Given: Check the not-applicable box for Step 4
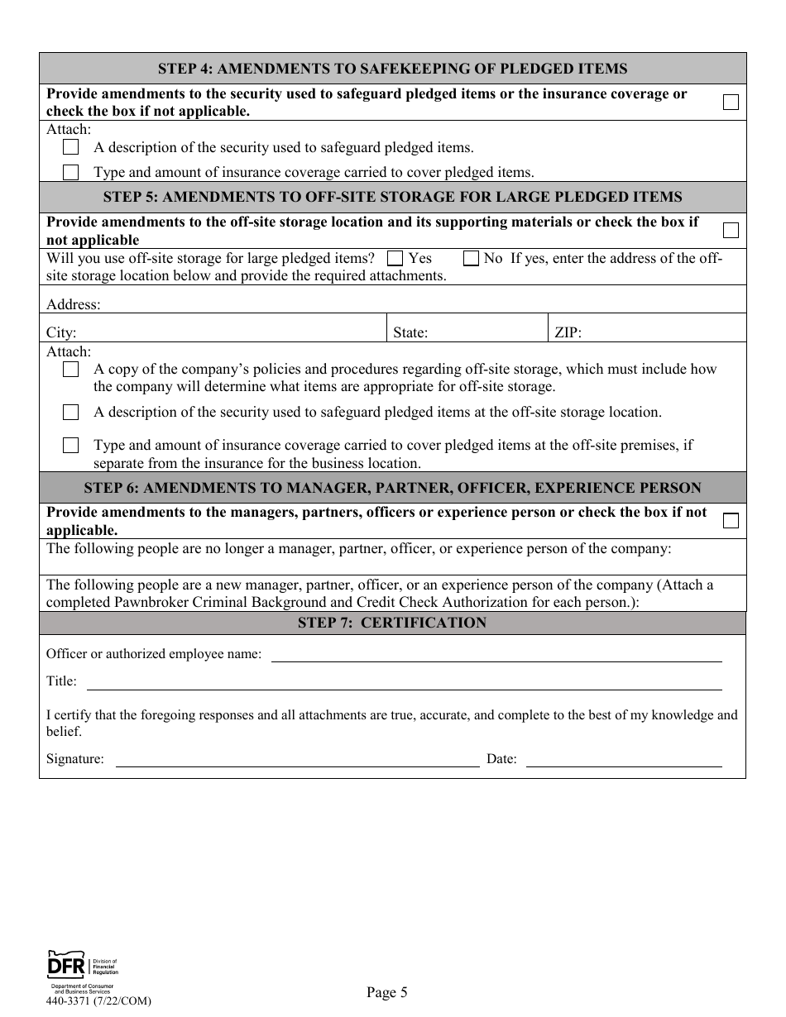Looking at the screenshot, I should pos(731,103).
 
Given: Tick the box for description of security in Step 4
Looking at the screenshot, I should pos(71,147).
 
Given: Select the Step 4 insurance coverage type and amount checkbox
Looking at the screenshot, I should pos(71,172).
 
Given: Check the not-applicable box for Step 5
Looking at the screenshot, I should pos(731,231).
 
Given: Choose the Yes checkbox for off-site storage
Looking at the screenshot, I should pos(395,258).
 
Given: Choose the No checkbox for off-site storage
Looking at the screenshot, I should pos(471,258).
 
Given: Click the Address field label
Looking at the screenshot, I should pos(73,304).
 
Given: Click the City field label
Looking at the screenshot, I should pos(61,333).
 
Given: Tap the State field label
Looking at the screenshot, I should pos(410,333).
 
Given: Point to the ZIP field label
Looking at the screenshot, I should pos(568,333).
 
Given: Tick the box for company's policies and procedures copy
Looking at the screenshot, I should pos(71,370).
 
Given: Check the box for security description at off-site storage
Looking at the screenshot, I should pos(71,412).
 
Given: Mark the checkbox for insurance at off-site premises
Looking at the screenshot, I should pos(71,446).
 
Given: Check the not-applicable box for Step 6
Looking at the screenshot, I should pos(731,521).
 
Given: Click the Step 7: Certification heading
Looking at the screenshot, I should pos(392,623).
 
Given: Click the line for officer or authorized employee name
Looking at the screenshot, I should pos(496,655).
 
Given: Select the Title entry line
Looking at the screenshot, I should pos(404,683).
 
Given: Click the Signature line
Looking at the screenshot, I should pos(297,760).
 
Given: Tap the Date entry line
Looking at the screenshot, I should pos(624,760).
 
